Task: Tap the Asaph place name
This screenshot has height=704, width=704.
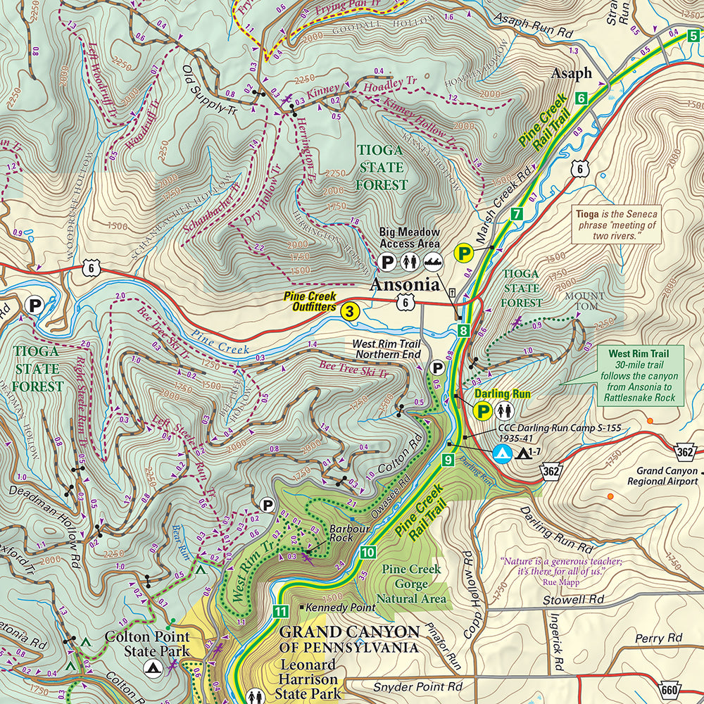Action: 571,74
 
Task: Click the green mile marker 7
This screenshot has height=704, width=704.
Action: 516,213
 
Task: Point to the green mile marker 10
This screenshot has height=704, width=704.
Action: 367,552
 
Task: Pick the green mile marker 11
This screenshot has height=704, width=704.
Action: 281,611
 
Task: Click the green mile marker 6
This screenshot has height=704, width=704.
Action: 581,99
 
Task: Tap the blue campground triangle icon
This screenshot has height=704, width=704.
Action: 501,453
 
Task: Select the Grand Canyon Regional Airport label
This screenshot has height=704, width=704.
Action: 666,476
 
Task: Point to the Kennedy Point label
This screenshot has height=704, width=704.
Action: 329,607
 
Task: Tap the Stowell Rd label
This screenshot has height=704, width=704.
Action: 574,600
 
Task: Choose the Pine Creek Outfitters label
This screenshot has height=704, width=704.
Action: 310,302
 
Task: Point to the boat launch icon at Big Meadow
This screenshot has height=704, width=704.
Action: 432,262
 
